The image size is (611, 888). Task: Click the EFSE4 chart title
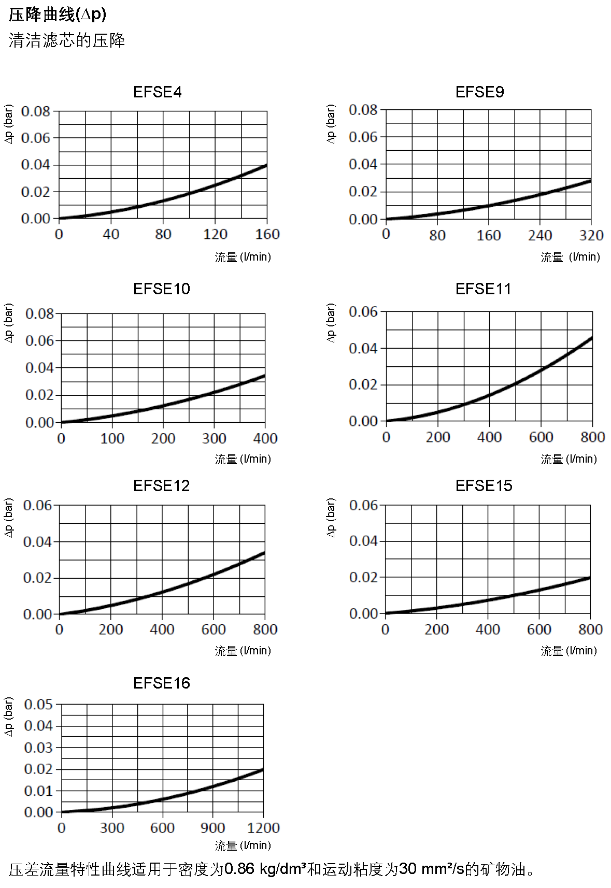[158, 92]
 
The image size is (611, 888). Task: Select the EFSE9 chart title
[479, 92]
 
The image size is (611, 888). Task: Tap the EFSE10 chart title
[161, 289]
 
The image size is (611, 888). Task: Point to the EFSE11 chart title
[483, 289]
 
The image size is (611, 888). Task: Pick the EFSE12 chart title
[161, 486]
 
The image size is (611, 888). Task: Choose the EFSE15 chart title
[484, 486]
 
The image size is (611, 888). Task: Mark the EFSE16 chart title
[161, 683]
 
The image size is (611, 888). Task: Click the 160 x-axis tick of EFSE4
[267, 235]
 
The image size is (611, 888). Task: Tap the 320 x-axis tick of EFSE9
[591, 236]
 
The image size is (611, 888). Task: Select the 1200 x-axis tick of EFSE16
[263, 828]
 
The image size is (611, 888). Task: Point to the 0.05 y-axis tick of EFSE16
[38, 705]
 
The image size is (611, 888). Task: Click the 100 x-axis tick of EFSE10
[112, 439]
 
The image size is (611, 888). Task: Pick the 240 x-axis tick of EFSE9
[540, 236]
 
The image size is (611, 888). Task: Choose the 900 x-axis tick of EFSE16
[212, 828]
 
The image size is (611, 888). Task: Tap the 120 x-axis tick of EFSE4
[215, 235]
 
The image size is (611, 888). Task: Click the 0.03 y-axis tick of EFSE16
[38, 748]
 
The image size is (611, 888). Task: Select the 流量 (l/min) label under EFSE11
[569, 459]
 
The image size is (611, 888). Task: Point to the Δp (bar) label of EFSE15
[331, 518]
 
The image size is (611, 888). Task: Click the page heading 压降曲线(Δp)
[57, 15]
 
